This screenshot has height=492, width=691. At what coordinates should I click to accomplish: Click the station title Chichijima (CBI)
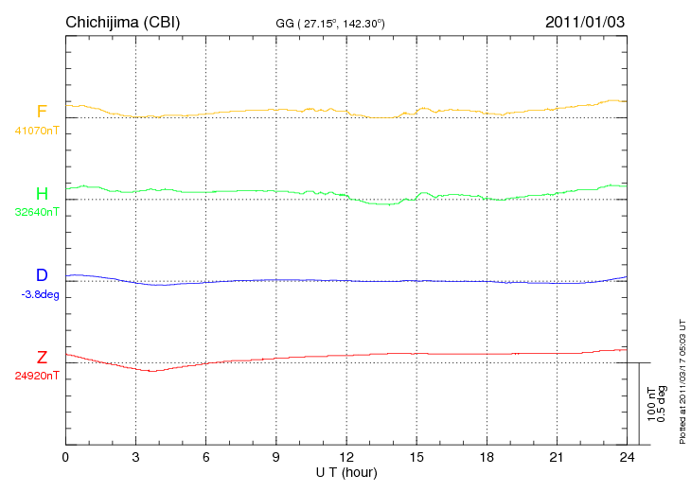tap(122, 22)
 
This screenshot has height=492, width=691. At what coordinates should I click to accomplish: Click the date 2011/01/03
tap(584, 22)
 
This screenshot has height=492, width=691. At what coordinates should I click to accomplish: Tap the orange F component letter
tap(42, 112)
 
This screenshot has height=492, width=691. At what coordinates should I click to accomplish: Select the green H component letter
tap(42, 194)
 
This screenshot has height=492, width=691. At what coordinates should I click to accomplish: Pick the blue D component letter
tap(42, 275)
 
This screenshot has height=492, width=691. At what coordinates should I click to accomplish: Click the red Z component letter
tap(42, 358)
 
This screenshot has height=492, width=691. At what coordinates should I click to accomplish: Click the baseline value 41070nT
tap(36, 131)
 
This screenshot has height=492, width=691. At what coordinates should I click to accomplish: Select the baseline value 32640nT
tap(36, 212)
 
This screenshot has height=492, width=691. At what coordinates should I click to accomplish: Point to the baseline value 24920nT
tap(36, 376)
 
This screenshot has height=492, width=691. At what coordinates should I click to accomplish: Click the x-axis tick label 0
tap(65, 458)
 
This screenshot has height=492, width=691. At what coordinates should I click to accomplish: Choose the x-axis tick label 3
tap(135, 458)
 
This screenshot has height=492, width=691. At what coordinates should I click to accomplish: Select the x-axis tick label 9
tap(276, 458)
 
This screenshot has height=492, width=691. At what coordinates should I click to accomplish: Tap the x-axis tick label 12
tap(346, 458)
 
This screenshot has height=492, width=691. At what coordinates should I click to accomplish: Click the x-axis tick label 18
tap(487, 458)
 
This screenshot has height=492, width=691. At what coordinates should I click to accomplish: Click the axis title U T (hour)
tap(346, 472)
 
